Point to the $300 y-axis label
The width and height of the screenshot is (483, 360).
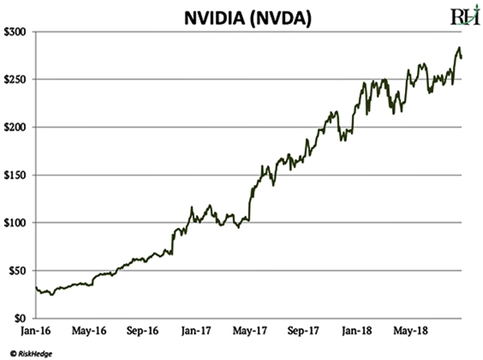[x=15, y=31]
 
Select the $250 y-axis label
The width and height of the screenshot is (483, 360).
[x=15, y=79]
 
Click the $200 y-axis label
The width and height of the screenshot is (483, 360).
[x=15, y=126]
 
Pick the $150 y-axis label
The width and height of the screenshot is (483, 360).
[x=15, y=175]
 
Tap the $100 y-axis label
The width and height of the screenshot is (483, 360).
[x=15, y=222]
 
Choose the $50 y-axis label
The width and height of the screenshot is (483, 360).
[x=18, y=270]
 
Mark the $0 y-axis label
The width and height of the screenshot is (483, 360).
[x=21, y=317]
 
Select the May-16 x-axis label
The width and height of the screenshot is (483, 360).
[x=89, y=330]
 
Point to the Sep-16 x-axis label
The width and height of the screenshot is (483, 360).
[x=142, y=330]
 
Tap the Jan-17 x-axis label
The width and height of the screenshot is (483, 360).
[x=196, y=330]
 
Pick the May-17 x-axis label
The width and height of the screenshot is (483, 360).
[x=250, y=330]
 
